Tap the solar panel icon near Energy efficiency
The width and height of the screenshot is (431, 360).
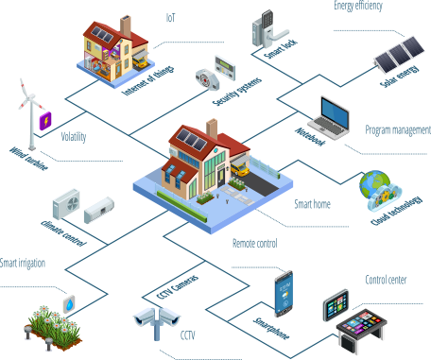coord(399,55)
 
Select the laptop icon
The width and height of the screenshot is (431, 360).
coord(335,116)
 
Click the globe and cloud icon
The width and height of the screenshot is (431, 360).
coord(377,189)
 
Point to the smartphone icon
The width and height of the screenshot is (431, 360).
coord(284,294)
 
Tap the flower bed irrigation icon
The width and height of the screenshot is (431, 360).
coord(51,323)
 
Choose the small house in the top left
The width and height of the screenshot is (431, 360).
coord(117,49)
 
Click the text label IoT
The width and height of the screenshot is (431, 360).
coord(170,16)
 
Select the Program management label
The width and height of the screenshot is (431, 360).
coord(397,129)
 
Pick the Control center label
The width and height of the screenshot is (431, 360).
coord(386,281)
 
